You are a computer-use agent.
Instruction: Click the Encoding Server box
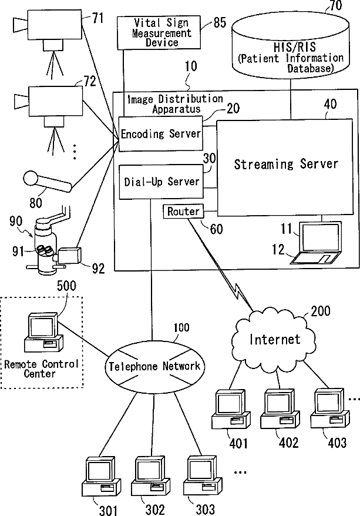(x=160, y=133)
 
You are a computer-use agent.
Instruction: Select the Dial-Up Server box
(x=161, y=182)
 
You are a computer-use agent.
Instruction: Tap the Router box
(x=183, y=211)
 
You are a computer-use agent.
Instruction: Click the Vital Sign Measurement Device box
(x=159, y=32)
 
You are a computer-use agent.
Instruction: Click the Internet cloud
(x=275, y=339)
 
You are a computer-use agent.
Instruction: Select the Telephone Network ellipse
(x=154, y=366)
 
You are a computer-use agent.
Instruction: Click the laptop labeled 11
(x=317, y=243)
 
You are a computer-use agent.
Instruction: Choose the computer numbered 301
(x=101, y=476)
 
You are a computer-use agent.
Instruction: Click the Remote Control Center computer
(x=43, y=333)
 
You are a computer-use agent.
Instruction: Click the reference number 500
(x=66, y=286)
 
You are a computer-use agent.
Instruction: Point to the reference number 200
(x=321, y=311)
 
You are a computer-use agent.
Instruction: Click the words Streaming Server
(x=286, y=164)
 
